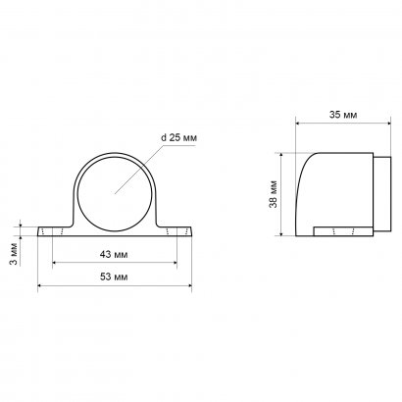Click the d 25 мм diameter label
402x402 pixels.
click(x=178, y=137)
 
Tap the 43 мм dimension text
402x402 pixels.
click(x=114, y=254)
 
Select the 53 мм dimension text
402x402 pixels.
click(x=114, y=276)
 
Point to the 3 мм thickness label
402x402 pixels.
click(x=13, y=254)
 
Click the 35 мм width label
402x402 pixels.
click(x=343, y=115)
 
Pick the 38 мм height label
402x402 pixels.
click(x=274, y=194)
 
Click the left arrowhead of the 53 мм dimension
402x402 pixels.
click(x=40, y=285)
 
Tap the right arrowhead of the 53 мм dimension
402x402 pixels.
click(x=189, y=285)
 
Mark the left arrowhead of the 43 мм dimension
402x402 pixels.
click(x=55, y=262)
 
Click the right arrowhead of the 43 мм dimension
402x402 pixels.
click(x=175, y=262)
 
